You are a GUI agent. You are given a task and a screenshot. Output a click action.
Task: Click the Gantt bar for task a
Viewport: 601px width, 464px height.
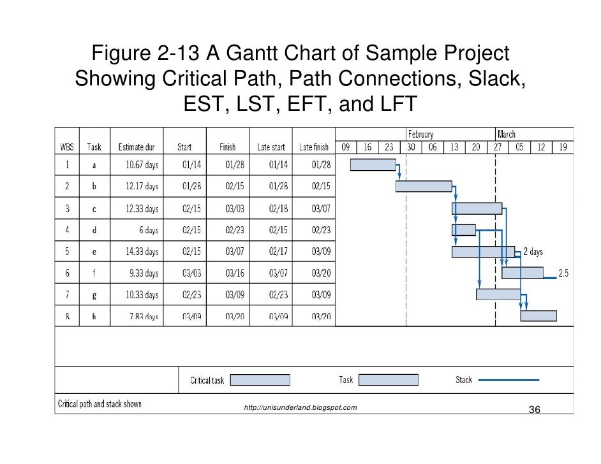(373, 164)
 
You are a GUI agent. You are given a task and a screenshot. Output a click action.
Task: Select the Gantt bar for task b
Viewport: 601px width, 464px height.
(424, 186)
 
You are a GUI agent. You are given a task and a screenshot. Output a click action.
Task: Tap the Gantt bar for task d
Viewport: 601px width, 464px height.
(464, 229)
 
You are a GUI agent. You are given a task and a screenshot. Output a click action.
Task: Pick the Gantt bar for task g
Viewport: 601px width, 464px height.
(498, 294)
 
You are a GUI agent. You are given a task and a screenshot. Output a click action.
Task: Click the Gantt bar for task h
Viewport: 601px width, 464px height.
(538, 316)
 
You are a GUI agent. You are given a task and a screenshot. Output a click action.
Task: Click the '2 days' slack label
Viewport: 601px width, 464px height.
(533, 252)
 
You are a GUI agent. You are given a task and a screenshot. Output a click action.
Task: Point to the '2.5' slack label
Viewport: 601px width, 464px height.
(563, 273)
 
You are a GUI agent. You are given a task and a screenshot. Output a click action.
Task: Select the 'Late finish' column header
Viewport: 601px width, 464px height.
(314, 147)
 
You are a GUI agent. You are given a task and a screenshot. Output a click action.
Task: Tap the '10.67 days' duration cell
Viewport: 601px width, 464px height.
(142, 165)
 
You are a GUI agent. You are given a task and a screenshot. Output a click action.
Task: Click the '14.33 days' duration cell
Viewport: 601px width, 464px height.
(142, 252)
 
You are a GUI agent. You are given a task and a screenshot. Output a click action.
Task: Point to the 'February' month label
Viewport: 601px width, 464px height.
(420, 134)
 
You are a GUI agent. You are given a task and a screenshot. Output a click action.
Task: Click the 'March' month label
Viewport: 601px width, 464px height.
(507, 134)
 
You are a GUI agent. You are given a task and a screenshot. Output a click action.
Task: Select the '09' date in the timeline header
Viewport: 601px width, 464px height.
(345, 147)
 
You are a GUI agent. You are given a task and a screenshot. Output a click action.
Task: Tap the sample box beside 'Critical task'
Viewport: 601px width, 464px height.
(259, 380)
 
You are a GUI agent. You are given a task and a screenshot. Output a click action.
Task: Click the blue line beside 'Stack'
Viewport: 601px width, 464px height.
(508, 380)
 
